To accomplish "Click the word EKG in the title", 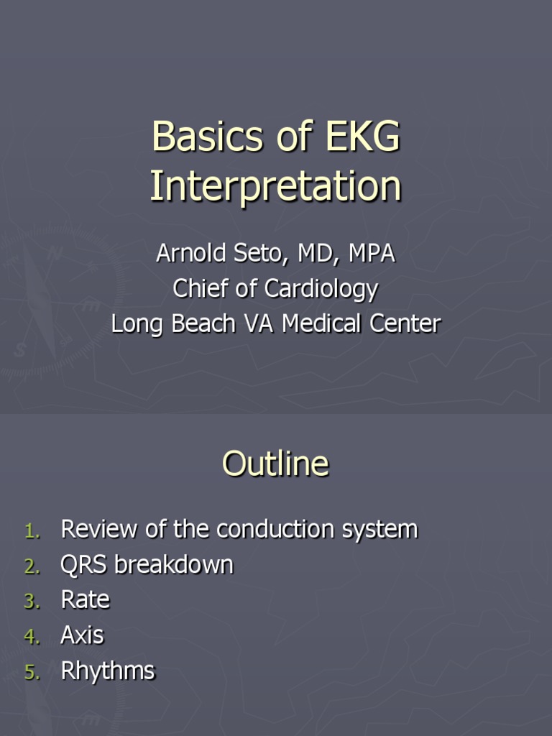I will [362, 137].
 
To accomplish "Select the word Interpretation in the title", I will [275, 186].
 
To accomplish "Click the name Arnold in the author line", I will [189, 254].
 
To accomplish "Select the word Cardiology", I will [321, 289].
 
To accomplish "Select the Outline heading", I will [275, 464].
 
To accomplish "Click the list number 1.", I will [33, 531].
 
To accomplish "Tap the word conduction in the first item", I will [277, 529].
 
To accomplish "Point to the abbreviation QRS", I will [85, 565].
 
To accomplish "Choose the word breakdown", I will [174, 565].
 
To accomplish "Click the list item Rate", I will [86, 600].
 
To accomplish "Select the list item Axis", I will [82, 635].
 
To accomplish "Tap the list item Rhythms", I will [108, 671].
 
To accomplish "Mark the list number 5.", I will [32, 673].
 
